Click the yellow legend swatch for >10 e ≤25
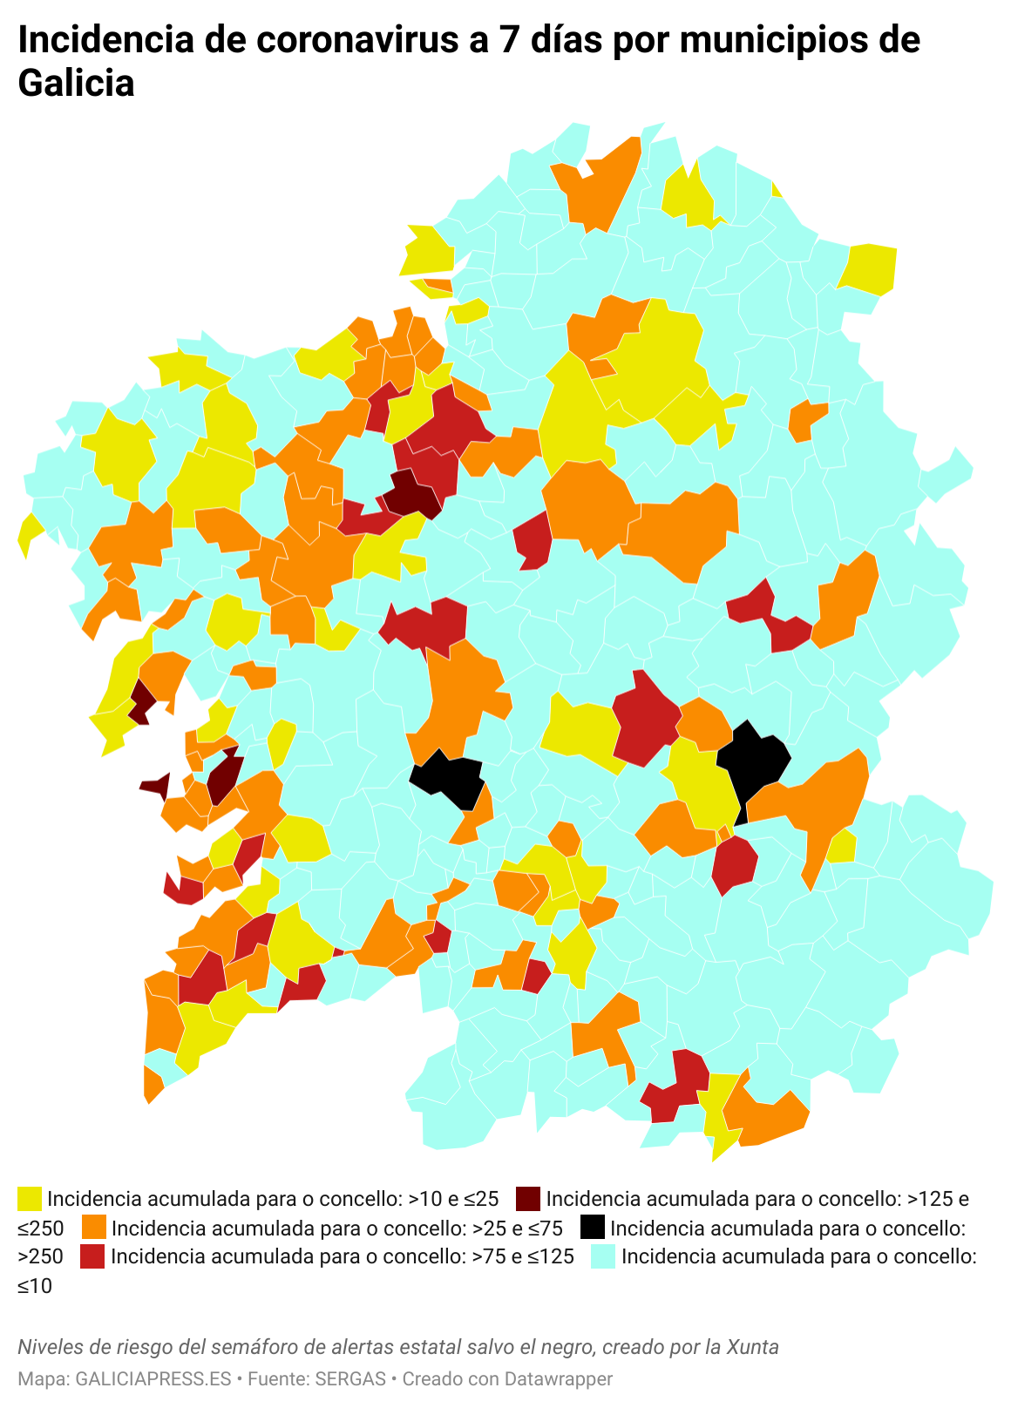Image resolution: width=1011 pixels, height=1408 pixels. (x=30, y=1199)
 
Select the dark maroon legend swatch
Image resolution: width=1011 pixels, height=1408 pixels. (x=528, y=1199)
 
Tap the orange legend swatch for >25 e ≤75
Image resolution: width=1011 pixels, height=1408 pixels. (x=93, y=1228)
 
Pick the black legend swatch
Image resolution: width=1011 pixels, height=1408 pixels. (x=592, y=1228)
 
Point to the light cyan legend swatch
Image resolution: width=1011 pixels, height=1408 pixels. (x=603, y=1256)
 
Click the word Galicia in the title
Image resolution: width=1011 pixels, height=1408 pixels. (x=76, y=84)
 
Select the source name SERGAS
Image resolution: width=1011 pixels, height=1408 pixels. (x=349, y=1379)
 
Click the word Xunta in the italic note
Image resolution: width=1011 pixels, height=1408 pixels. (x=755, y=1347)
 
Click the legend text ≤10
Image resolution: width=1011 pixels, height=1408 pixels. (x=35, y=1285)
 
